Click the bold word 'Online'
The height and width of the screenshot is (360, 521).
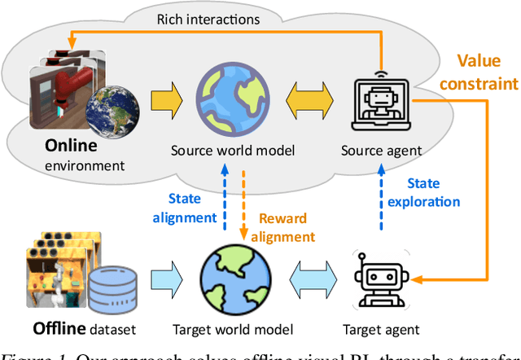pyautogui.click(x=71, y=146)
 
